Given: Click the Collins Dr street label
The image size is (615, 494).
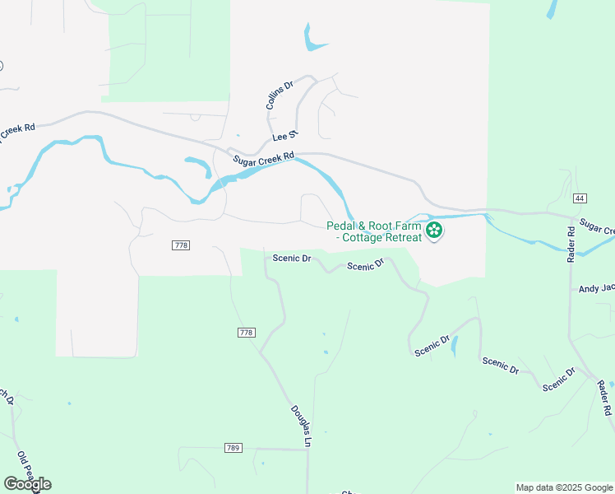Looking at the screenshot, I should click(280, 96).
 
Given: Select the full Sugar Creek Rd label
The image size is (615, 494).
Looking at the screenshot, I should click(263, 160).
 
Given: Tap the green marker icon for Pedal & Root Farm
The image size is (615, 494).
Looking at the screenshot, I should click(434, 231).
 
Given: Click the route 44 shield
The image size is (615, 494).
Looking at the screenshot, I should click(580, 198).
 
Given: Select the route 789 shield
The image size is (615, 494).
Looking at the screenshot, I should click(233, 448).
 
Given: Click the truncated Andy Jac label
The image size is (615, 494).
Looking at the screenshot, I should click(596, 289).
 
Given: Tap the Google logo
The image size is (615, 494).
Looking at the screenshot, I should click(27, 483).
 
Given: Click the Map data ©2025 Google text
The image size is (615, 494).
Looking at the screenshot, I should click(563, 487).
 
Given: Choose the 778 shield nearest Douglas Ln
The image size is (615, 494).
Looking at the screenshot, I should click(246, 333).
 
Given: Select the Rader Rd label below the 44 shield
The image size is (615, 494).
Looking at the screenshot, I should click(571, 245).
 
